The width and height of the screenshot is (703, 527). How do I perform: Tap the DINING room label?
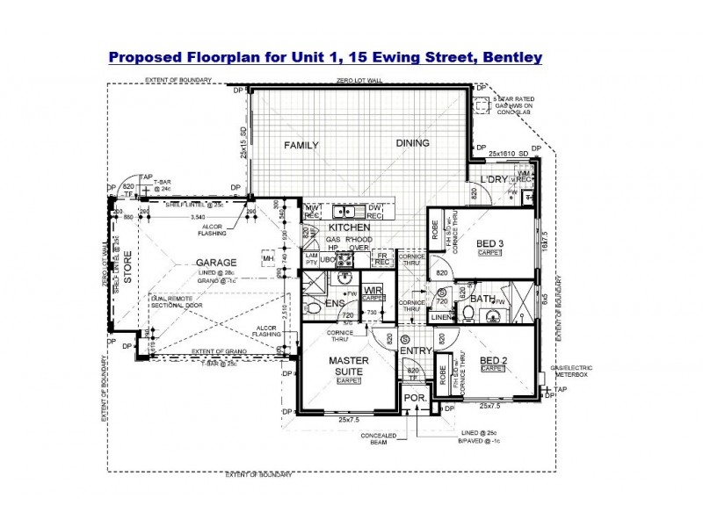click(x=412, y=143)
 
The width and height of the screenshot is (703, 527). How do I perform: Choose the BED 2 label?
click(x=493, y=361)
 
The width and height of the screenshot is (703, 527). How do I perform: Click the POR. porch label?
click(x=415, y=397)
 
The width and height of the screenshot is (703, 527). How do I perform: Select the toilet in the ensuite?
click(x=309, y=307)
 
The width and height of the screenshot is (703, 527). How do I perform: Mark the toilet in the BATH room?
click(x=467, y=313)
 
